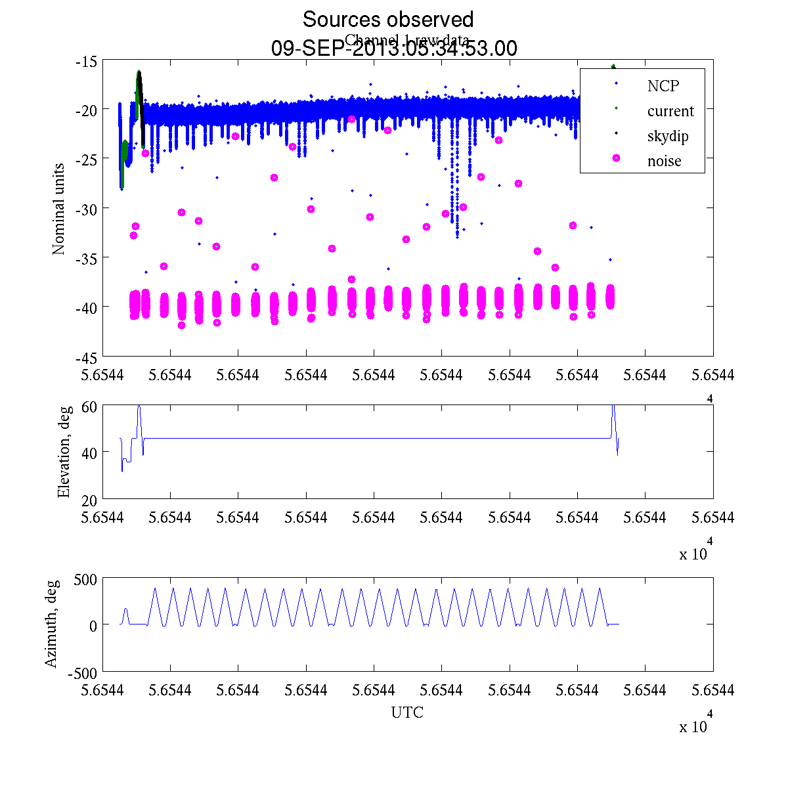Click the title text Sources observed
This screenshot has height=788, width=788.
point(387,19)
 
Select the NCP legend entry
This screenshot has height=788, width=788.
point(663,85)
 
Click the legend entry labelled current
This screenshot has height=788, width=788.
point(670,111)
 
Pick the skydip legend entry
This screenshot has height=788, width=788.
point(667,137)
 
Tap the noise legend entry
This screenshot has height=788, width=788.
point(664,162)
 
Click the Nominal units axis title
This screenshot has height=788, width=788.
point(59,209)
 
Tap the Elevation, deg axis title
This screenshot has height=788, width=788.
point(64,452)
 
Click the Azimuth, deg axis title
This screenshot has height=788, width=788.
point(51,624)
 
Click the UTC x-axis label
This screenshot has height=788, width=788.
point(407,712)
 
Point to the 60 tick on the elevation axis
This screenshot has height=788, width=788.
point(90,406)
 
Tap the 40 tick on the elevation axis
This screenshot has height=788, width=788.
point(90,452)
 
